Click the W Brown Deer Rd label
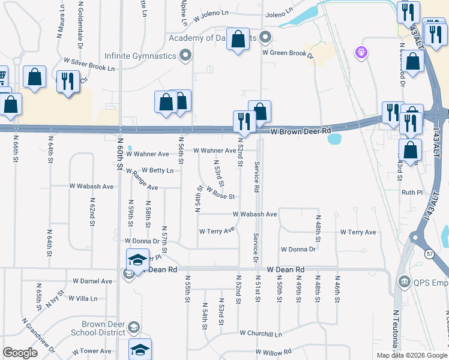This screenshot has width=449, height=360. (x=301, y=131)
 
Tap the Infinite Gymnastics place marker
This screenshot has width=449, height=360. (x=185, y=56)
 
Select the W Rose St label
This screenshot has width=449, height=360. (x=220, y=193)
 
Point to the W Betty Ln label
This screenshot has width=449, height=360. (x=157, y=170)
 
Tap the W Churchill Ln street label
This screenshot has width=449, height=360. (x=261, y=333)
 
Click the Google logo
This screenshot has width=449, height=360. (x=20, y=353)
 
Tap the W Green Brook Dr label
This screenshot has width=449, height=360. (x=288, y=52)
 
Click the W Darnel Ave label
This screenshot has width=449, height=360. (x=92, y=281)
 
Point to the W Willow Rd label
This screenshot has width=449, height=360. (x=273, y=352)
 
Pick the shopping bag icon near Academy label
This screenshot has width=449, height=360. (x=238, y=40)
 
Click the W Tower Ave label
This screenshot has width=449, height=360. (x=91, y=352)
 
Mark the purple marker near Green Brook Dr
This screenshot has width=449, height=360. (x=361, y=53)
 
